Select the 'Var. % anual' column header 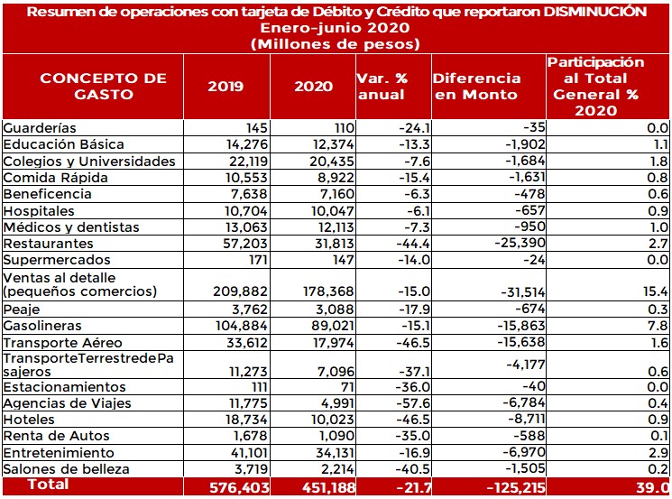coord(382,86)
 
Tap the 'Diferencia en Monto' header coord(476,86)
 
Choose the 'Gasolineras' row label coord(42,326)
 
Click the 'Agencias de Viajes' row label coord(67,403)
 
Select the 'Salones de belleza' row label coord(66,469)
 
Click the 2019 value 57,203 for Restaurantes coord(234,244)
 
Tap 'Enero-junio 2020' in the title coord(336,27)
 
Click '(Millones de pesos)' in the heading coord(336,42)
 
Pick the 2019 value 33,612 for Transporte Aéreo coord(235,343)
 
